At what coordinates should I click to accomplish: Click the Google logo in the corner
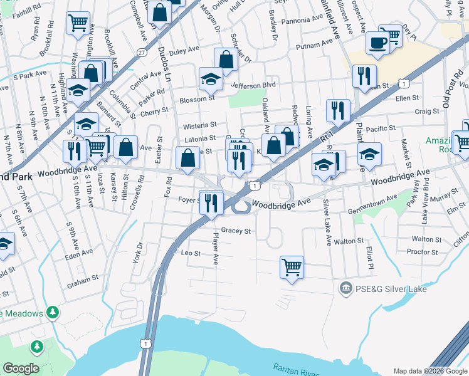(20, 368)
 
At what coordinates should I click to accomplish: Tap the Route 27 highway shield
(142, 53)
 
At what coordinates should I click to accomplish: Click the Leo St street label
(190, 254)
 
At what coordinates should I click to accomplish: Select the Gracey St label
(236, 231)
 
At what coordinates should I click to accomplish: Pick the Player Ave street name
(216, 248)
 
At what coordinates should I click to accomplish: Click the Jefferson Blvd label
(253, 85)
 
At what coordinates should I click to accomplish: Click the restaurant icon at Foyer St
(211, 202)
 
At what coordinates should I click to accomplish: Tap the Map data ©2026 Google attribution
(430, 371)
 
